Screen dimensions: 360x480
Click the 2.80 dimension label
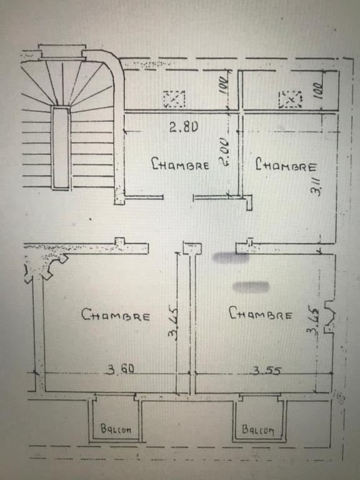[184, 127]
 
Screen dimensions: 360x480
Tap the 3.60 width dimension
[120, 369]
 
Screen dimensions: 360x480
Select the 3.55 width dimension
[266, 371]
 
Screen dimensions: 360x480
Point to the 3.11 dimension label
[316, 186]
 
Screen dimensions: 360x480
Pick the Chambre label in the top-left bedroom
[181, 164]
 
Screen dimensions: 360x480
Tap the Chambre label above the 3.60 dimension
[116, 315]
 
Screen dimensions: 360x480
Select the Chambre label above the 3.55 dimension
[261, 313]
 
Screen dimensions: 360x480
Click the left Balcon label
[116, 429]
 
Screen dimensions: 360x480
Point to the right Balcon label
[257, 429]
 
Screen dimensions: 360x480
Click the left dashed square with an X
[174, 99]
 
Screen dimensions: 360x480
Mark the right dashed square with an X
[290, 99]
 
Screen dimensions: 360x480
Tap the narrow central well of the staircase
[61, 147]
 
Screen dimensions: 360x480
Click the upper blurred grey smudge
[231, 257]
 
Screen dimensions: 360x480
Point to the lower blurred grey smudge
[251, 287]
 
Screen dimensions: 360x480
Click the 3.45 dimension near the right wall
[313, 322]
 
